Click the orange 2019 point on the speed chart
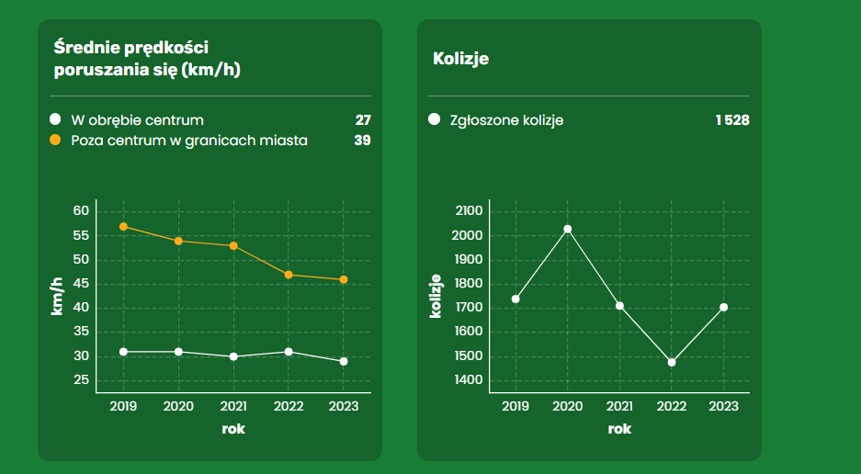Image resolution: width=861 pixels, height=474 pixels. pyautogui.click(x=123, y=227)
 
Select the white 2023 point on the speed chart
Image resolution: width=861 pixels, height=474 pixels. pyautogui.click(x=344, y=361)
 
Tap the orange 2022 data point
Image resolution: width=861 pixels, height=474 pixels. pyautogui.click(x=289, y=275)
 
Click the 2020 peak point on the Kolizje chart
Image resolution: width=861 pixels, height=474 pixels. pyautogui.click(x=568, y=229)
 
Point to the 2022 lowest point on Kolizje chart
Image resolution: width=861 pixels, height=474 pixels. pyautogui.click(x=672, y=362)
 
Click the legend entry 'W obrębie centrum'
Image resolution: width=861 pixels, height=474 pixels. pyautogui.click(x=137, y=120)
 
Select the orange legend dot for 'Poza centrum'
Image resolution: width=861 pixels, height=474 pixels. pyautogui.click(x=55, y=141)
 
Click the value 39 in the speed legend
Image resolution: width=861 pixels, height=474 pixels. pyautogui.click(x=362, y=141)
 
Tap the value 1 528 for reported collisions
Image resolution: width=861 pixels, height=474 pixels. pyautogui.click(x=732, y=120)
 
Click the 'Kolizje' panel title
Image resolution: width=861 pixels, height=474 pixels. pyautogui.click(x=460, y=59)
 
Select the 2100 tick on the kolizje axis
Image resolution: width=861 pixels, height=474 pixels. pyautogui.click(x=469, y=211)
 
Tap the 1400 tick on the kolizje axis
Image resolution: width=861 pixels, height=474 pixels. pyautogui.click(x=469, y=380)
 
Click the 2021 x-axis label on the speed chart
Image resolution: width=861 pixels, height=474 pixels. pyautogui.click(x=233, y=406)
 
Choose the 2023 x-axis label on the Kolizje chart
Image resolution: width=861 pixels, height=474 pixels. pyautogui.click(x=724, y=406)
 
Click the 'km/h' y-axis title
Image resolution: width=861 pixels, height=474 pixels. pyautogui.click(x=56, y=296)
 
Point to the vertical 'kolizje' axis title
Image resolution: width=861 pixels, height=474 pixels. pyautogui.click(x=436, y=296)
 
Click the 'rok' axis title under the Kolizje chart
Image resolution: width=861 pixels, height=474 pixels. pyautogui.click(x=619, y=429)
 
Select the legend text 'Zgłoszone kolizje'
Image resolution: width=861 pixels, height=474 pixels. pyautogui.click(x=507, y=120)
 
